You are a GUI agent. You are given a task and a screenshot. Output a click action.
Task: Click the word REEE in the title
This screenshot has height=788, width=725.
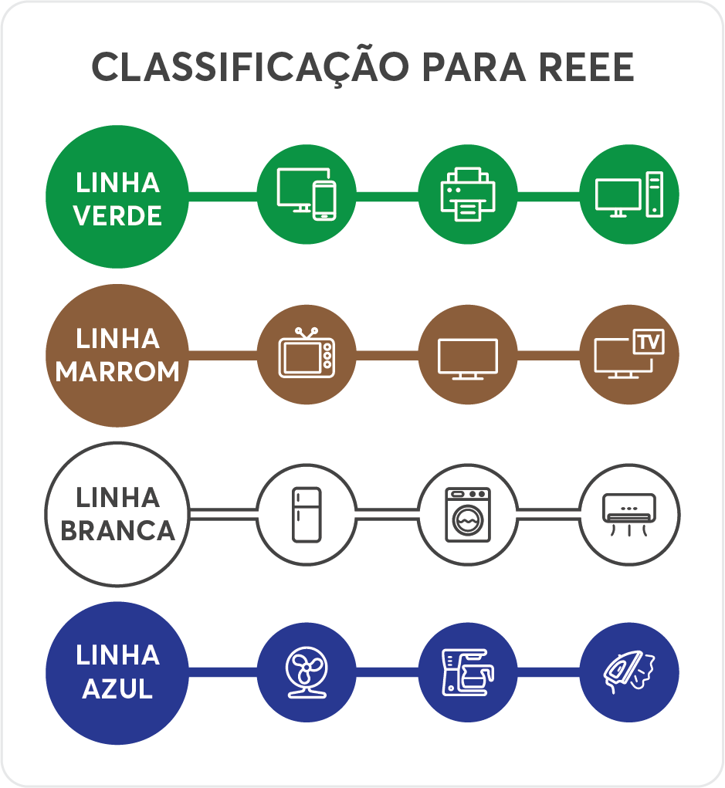pos(586,67)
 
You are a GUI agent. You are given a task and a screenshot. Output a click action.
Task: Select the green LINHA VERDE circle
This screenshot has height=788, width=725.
pos(117,197)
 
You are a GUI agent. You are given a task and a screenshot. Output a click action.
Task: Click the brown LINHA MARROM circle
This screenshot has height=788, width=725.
pos(117,355)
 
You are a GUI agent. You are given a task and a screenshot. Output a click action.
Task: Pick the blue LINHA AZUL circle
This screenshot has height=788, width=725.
pos(117,673)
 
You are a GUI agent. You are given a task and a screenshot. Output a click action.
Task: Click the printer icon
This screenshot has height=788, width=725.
pos(468,194)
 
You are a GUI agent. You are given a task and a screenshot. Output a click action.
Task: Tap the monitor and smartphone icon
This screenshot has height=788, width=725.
pos(307,194)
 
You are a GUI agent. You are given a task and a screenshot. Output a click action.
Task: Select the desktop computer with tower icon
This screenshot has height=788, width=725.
pos(629,194)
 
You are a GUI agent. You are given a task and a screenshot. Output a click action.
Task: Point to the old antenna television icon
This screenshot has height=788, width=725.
pos(307,353)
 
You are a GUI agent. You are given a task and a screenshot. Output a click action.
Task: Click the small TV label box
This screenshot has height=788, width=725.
pos(649,342)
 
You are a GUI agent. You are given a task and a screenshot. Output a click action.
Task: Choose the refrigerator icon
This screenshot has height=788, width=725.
pos(307,515)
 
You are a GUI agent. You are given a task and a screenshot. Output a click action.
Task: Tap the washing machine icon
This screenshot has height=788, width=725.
pos(468,515)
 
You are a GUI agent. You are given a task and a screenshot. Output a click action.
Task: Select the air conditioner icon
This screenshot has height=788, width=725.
pos(629,515)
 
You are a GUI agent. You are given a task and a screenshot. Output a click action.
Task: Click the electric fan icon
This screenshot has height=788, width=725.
pos(307,672)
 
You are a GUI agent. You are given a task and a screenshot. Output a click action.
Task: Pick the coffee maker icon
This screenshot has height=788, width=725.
pos(468,672)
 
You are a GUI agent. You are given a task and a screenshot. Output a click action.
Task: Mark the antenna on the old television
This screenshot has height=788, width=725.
pos(307,333)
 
